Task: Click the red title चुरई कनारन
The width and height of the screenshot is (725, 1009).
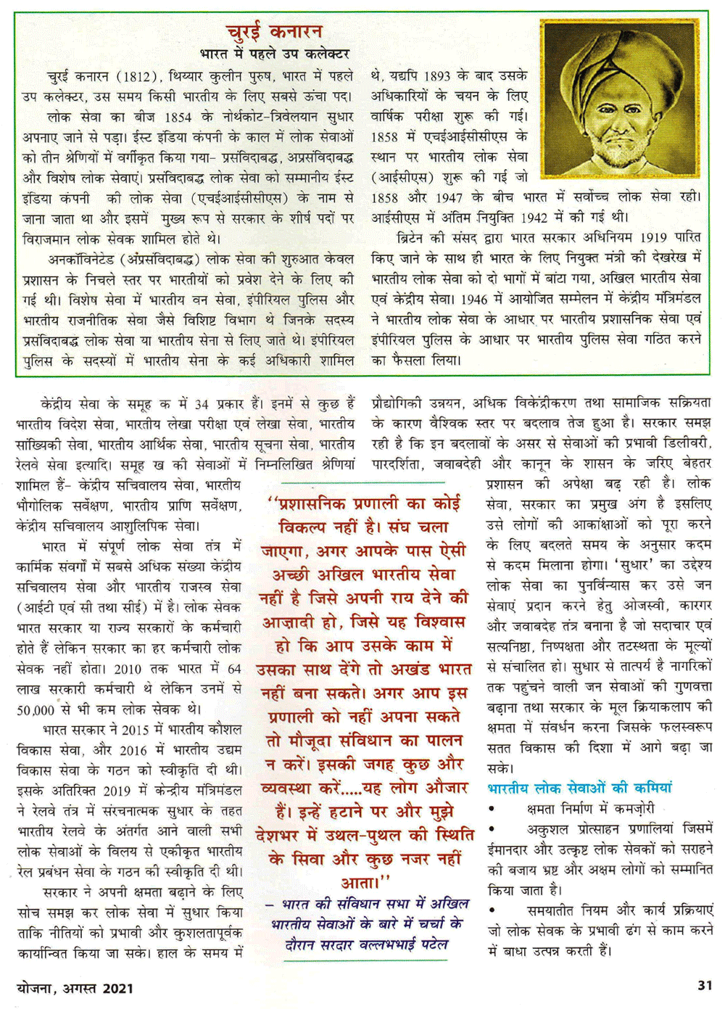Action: (x=274, y=32)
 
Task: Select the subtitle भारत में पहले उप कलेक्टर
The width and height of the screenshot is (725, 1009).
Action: (x=275, y=54)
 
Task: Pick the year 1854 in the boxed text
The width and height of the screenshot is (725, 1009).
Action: (x=178, y=116)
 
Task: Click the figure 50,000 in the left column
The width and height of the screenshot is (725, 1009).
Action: (x=36, y=709)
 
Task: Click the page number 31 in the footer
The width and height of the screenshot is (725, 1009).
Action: (x=704, y=985)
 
